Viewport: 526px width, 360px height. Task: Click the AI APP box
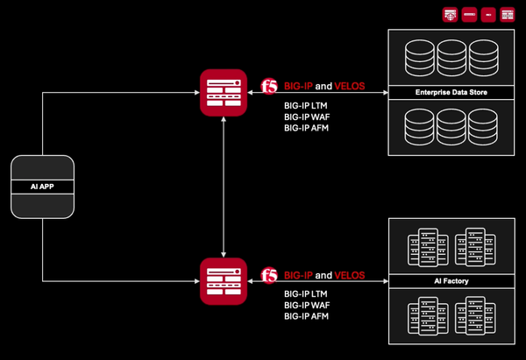click(x=42, y=187)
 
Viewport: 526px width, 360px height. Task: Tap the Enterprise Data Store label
click(x=451, y=92)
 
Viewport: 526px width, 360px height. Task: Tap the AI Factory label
click(x=451, y=281)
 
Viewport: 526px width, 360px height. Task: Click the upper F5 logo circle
click(x=270, y=87)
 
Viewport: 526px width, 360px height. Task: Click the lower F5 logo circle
click(x=270, y=275)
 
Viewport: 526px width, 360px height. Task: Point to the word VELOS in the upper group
click(x=350, y=87)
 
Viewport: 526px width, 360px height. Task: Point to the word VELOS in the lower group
click(x=350, y=275)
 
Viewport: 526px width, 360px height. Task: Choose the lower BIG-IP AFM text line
click(x=307, y=316)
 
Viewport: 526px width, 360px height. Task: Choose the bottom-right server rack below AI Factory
click(x=474, y=315)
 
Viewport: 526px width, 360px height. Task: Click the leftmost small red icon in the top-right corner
click(x=449, y=15)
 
